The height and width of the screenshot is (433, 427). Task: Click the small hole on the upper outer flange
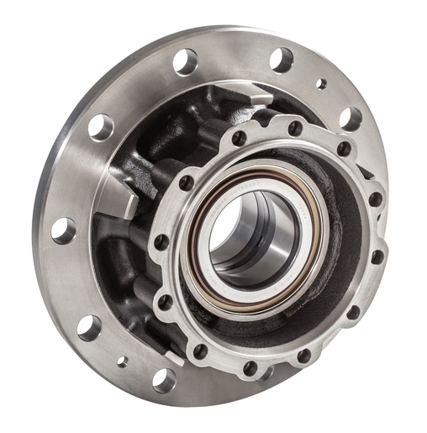click(x=320, y=83)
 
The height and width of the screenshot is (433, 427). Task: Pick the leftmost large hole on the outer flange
click(x=63, y=230)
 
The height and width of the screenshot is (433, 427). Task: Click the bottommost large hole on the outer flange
click(x=163, y=380)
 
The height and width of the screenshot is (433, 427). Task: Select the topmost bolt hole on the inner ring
click(x=294, y=128)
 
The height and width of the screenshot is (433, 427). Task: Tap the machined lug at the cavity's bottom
click(x=172, y=356)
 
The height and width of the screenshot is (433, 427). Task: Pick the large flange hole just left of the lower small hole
click(x=90, y=327)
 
